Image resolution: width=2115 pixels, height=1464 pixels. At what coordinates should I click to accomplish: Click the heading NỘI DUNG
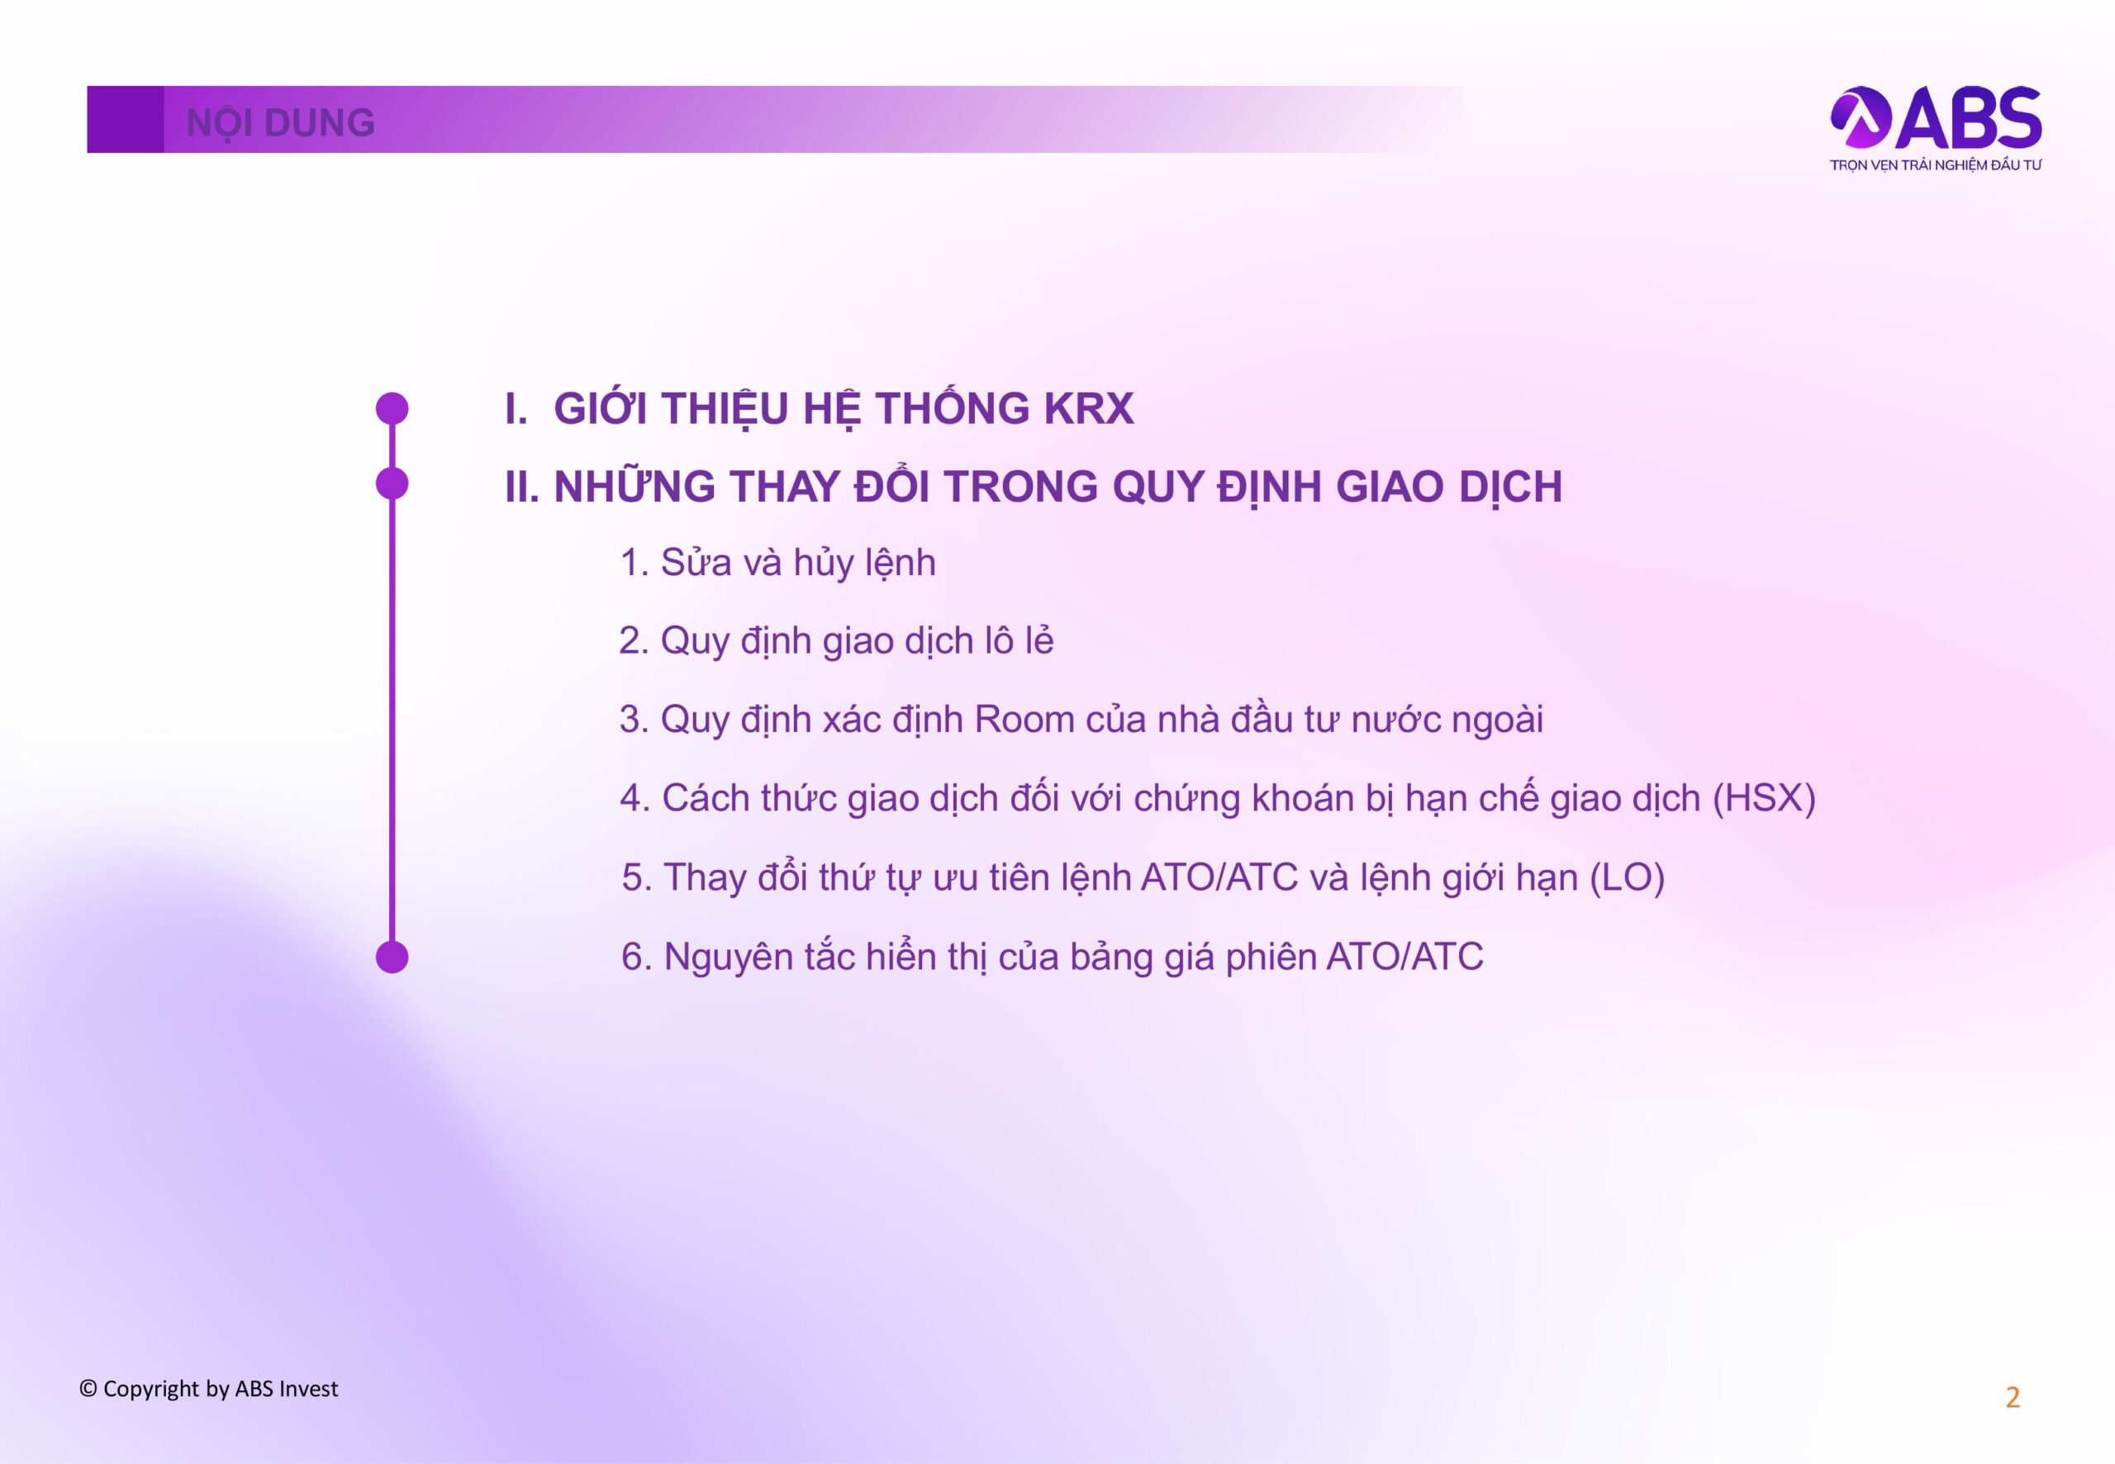pyautogui.click(x=281, y=123)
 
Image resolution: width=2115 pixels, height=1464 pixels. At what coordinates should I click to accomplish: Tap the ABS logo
pyautogui.click(x=1935, y=117)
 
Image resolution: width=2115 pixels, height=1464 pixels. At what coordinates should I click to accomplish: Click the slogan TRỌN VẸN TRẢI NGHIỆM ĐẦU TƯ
pyautogui.click(x=1935, y=166)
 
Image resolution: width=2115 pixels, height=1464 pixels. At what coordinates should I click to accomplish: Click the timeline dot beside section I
pyautogui.click(x=392, y=409)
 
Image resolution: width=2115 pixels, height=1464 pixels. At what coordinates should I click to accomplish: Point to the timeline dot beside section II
pyautogui.click(x=392, y=483)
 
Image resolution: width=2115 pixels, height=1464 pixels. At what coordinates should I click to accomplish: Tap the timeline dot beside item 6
pyautogui.click(x=392, y=957)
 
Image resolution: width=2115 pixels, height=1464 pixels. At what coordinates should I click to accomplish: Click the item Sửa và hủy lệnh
pyautogui.click(x=777, y=563)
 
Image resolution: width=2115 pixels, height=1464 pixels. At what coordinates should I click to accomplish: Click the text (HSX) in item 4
pyautogui.click(x=1764, y=799)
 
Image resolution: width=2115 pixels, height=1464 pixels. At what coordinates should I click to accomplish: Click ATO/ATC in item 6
pyautogui.click(x=1405, y=957)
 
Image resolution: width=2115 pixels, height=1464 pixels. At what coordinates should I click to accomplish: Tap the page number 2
pyautogui.click(x=2013, y=1397)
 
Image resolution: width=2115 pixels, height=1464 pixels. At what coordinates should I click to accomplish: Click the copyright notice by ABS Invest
pyautogui.click(x=209, y=1389)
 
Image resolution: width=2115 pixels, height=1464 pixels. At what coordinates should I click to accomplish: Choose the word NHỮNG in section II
pyautogui.click(x=634, y=485)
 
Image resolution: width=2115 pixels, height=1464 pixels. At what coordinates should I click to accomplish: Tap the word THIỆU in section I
pyautogui.click(x=725, y=408)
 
